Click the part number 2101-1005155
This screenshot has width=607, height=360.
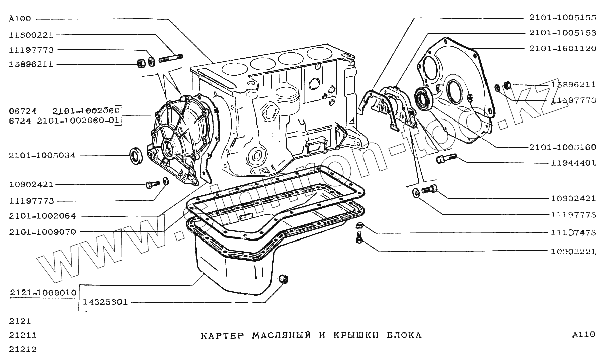pyautogui.click(x=562, y=18)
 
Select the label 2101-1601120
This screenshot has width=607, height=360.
pyautogui.click(x=562, y=49)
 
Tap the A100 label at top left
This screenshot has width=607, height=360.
pyautogui.click(x=20, y=19)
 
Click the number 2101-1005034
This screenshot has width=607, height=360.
pyautogui.click(x=42, y=156)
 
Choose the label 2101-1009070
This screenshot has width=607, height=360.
pyautogui.click(x=42, y=232)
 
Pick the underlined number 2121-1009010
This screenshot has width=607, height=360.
pyautogui.click(x=43, y=292)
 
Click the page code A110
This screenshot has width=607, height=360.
pyautogui.click(x=583, y=335)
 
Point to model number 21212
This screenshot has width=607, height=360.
pyautogui.click(x=23, y=349)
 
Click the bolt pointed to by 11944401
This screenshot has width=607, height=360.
pyautogui.click(x=445, y=159)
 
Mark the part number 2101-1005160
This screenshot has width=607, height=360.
pyautogui.click(x=562, y=147)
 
